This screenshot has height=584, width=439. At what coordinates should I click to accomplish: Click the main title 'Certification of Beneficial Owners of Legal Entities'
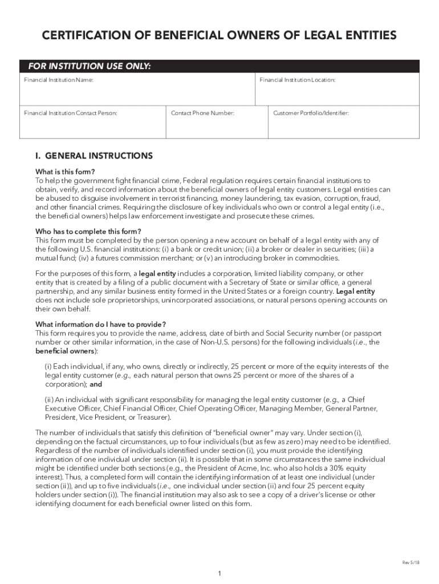[219, 36]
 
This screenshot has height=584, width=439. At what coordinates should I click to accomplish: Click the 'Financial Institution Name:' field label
[59, 80]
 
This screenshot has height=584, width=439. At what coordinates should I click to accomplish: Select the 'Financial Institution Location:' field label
[298, 80]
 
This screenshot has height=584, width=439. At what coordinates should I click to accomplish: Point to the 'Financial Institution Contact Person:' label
[71, 113]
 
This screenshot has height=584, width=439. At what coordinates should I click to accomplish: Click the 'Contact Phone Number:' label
[202, 113]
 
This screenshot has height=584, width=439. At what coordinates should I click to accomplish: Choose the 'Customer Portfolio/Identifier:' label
[311, 113]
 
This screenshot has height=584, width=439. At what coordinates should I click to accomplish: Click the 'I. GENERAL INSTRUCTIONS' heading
[94, 156]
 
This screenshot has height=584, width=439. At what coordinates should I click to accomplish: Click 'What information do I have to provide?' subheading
[100, 325]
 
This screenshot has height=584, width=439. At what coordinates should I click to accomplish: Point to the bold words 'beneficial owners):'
[63, 351]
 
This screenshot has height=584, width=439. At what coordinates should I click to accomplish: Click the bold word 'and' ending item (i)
[96, 384]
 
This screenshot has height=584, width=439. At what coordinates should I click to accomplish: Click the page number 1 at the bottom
[219, 574]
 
